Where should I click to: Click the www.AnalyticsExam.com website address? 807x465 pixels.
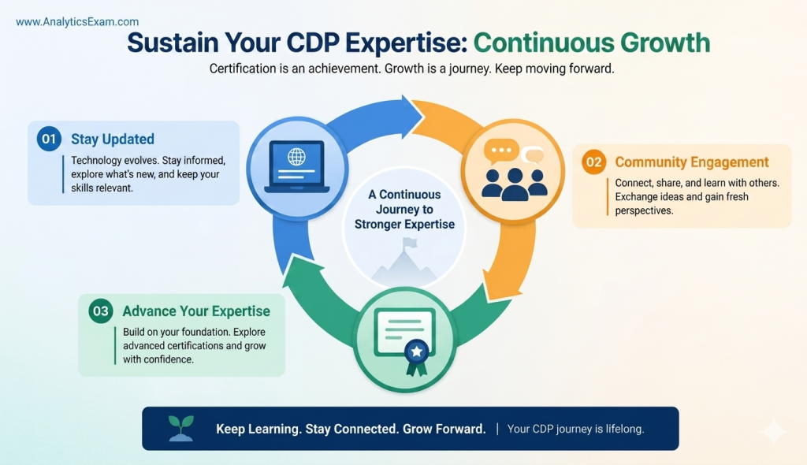coord(77,22)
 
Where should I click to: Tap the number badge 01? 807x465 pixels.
coord(49,139)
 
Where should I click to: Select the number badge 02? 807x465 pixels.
coord(593,163)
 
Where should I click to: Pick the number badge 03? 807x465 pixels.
coord(101,311)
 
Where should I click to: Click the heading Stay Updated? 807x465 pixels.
coord(112,139)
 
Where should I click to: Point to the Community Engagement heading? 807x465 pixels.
coord(691,162)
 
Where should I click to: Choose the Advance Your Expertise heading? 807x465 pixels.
coord(196,311)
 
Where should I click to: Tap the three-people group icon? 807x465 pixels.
coord(514,182)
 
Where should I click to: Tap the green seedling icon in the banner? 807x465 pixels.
coord(180,428)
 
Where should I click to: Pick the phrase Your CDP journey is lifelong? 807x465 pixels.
coord(575,429)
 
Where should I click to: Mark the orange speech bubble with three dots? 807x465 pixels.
coord(500,151)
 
